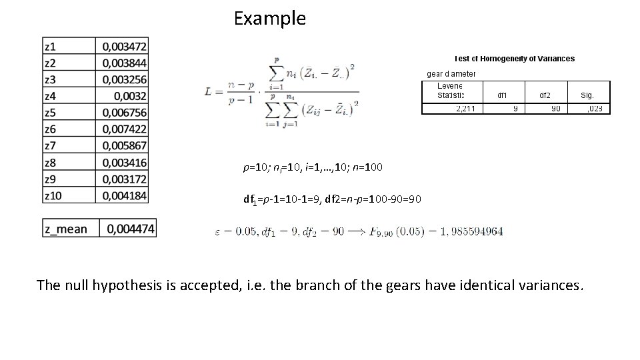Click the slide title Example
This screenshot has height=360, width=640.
(x=270, y=19)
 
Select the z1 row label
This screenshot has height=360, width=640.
(x=51, y=47)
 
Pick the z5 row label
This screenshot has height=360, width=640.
(x=51, y=112)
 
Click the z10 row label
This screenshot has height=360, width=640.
(x=53, y=195)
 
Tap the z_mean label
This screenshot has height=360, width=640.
(x=66, y=229)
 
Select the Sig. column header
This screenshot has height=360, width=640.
(x=587, y=95)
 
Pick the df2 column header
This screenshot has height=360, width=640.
(x=547, y=95)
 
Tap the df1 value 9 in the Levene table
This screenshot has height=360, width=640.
(x=515, y=108)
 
